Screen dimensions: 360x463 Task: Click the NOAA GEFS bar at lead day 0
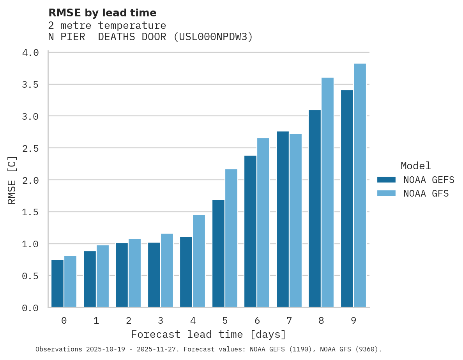(x=57, y=284)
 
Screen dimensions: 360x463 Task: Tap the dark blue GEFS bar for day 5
(x=218, y=254)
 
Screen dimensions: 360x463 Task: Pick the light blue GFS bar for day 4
(x=199, y=261)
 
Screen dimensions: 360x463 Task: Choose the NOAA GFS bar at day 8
(x=327, y=193)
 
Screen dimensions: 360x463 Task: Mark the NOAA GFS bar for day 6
(x=263, y=223)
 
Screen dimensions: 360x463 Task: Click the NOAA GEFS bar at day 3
(x=154, y=275)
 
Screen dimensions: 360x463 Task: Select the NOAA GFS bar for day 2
(x=134, y=273)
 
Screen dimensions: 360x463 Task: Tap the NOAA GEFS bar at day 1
(x=90, y=279)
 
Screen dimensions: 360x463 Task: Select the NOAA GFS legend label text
(x=426, y=193)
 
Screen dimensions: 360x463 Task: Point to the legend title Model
(x=416, y=166)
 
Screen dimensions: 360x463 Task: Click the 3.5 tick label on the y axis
(x=30, y=85)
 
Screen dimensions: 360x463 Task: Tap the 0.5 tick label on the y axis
(x=30, y=276)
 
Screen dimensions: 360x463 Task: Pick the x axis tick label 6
(x=257, y=321)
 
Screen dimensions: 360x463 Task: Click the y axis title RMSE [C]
(x=12, y=180)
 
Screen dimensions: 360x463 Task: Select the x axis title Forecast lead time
(x=209, y=335)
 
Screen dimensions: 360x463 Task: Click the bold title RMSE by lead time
(x=102, y=13)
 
